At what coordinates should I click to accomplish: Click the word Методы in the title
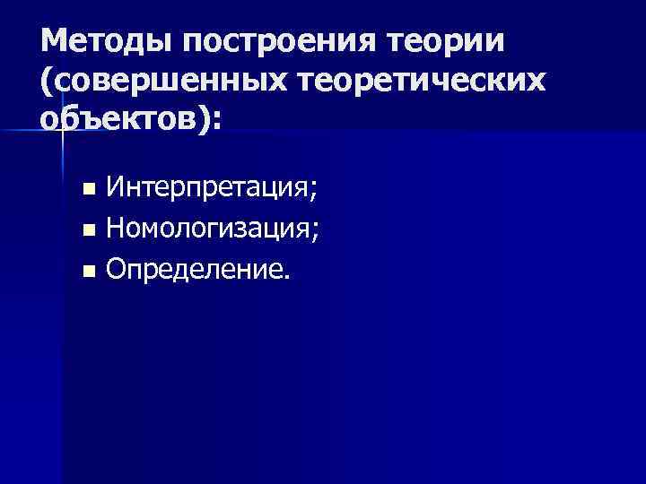[x=97, y=41]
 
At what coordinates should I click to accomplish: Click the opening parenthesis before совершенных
[x=46, y=82]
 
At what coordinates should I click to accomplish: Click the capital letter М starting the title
[x=54, y=41]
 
